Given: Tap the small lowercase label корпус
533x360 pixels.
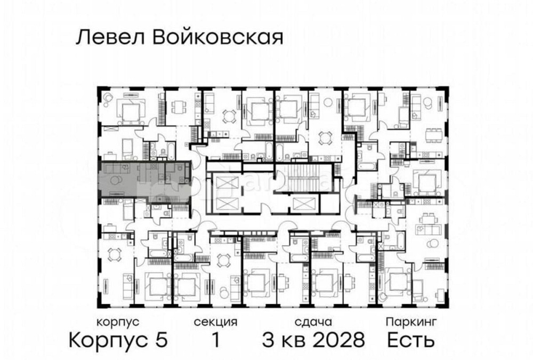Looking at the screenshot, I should [x=118, y=322].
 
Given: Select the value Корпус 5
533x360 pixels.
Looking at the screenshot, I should [x=119, y=340].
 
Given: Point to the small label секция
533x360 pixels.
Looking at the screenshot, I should [x=215, y=322].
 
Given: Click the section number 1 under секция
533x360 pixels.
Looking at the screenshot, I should [x=215, y=340].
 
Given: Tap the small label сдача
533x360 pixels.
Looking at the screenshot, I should [x=313, y=322].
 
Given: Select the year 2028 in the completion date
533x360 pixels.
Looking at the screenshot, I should [x=340, y=340].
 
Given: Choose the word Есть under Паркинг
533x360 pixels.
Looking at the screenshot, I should [x=411, y=340].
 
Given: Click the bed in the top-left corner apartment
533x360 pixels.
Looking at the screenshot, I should [x=130, y=111].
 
